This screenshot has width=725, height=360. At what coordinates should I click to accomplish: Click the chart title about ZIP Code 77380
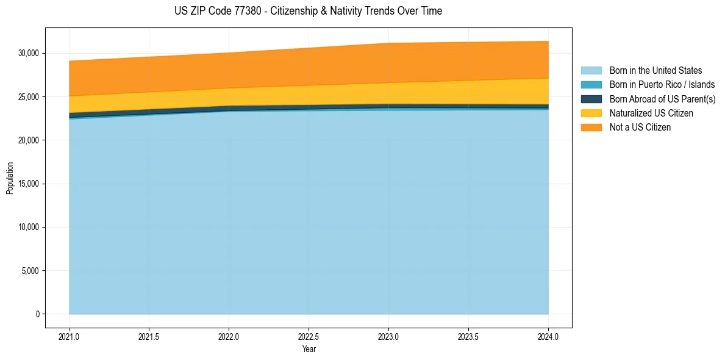[308, 11]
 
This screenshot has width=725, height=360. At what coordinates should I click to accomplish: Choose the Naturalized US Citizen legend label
[651, 113]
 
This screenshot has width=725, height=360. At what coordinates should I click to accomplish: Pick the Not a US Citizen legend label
[640, 128]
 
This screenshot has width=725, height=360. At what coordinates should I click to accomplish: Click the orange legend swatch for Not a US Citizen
[591, 128]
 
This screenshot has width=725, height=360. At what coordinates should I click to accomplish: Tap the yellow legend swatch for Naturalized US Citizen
[591, 113]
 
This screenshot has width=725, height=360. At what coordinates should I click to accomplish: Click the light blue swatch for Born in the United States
[591, 71]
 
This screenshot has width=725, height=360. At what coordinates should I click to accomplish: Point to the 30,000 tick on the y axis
[28, 54]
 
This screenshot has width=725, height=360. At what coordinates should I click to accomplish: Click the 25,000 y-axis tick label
[28, 97]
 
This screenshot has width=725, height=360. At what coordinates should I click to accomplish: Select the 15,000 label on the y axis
[28, 184]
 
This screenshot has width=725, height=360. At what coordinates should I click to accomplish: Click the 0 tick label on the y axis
[37, 314]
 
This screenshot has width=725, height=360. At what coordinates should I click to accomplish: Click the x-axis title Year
[309, 349]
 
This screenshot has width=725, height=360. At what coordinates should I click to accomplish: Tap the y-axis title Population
[10, 178]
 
